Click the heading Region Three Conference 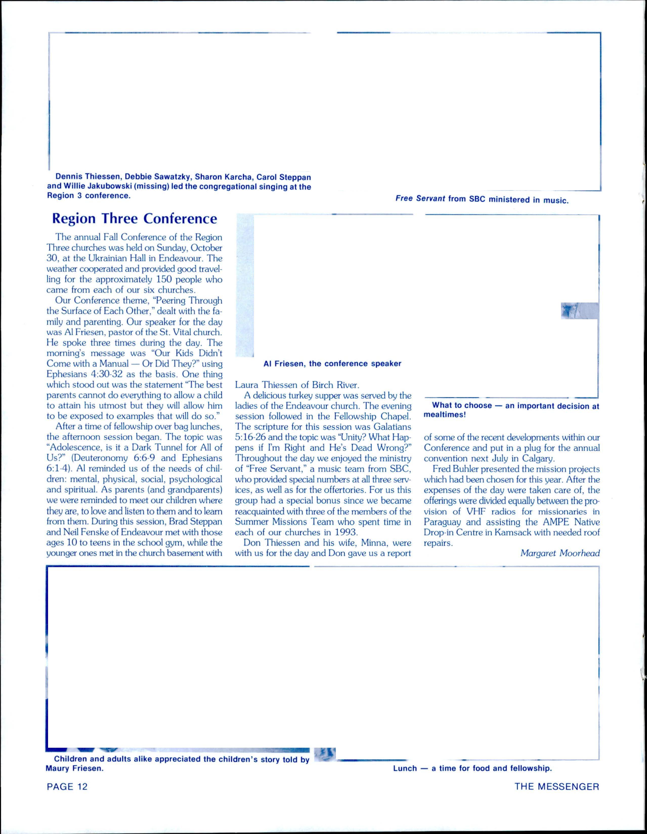tap(135, 219)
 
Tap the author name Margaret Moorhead tap(560, 553)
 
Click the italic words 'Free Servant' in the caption tap(420, 199)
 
